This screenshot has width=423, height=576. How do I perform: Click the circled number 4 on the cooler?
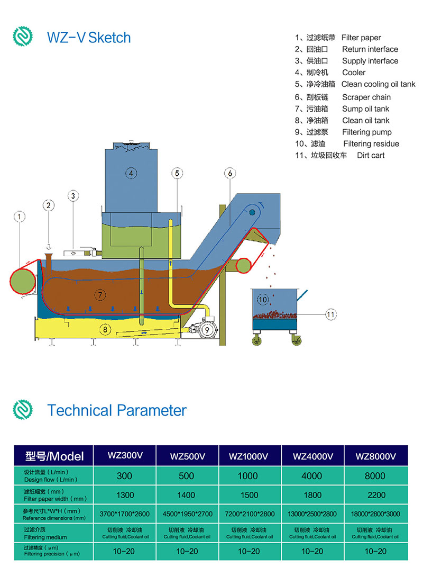pos(131,172)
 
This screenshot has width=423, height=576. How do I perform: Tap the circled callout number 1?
pos(20,217)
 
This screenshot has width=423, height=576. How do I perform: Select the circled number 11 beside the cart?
pos(330,314)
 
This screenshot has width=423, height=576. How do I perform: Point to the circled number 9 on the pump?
pos(207,329)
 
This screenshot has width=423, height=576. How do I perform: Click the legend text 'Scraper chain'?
pos(366,97)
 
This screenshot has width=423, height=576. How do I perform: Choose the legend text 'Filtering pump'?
pos(366,132)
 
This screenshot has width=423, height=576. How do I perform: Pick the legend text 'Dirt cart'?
pos(371,155)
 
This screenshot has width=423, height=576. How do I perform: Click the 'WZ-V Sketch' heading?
pos(89,38)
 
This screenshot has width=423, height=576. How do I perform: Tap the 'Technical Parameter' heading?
pos(117,410)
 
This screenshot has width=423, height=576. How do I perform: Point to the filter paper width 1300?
pos(124,496)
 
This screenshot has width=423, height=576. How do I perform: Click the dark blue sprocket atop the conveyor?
pos(252,212)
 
